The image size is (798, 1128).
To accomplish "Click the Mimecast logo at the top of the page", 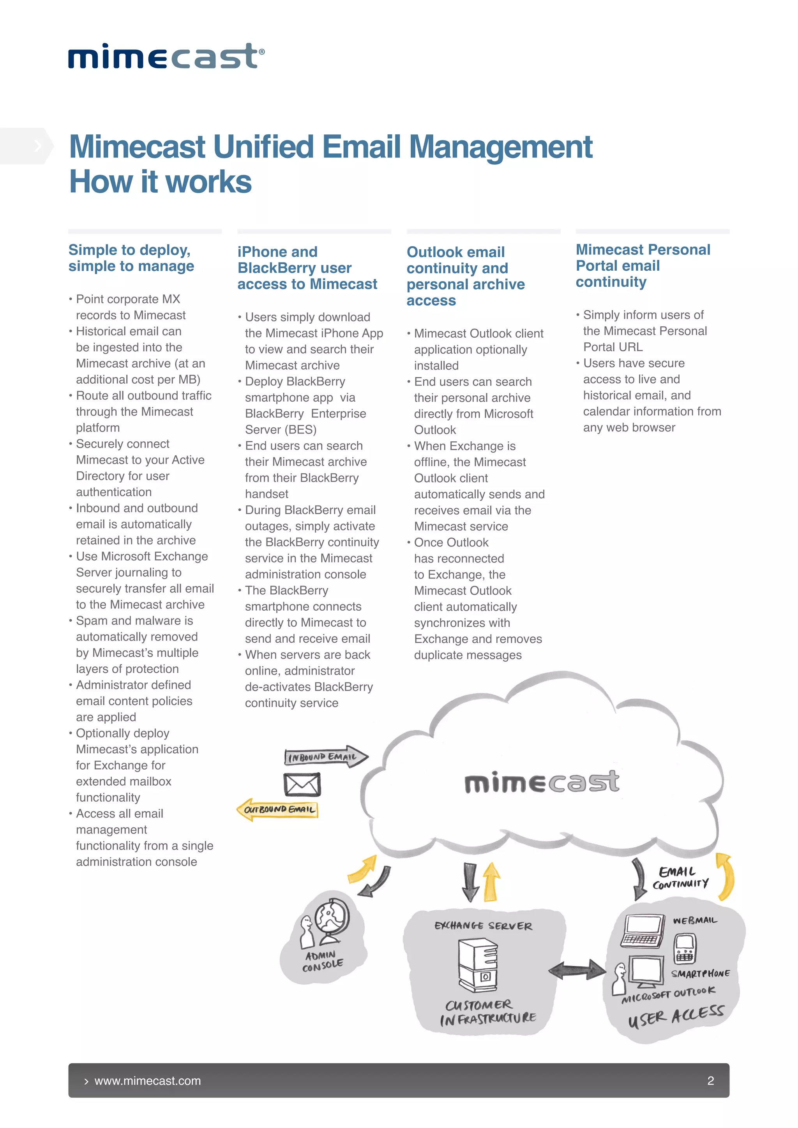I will click(166, 56).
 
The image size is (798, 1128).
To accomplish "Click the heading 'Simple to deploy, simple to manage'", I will click(131, 258).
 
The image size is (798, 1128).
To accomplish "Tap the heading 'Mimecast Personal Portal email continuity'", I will click(643, 266).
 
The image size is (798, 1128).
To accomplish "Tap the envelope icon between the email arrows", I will click(302, 784).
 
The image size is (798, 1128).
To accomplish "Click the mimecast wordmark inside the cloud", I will click(542, 782).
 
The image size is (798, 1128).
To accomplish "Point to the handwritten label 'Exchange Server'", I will click(483, 926).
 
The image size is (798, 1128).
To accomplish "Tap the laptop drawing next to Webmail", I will click(642, 931).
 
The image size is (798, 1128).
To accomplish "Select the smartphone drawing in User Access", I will click(685, 948).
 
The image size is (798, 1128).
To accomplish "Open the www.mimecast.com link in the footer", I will click(147, 1081).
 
